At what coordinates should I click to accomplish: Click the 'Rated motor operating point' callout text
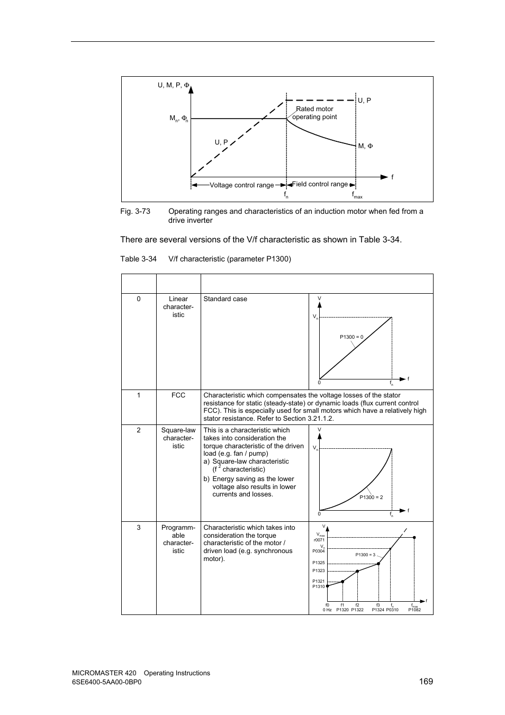[x=314, y=113]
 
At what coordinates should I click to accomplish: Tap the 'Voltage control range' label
[x=241, y=185]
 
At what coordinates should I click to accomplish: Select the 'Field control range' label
[x=320, y=184]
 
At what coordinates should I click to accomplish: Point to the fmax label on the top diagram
[x=357, y=195]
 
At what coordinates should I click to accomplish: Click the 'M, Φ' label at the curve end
[x=365, y=146]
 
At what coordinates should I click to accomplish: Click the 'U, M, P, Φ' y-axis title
[x=173, y=85]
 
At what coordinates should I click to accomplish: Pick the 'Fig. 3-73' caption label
[x=135, y=211]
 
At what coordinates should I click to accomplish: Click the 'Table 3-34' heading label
[x=138, y=259]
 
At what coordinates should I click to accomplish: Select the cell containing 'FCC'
[x=178, y=395]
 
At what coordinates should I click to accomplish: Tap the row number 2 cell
[x=139, y=430]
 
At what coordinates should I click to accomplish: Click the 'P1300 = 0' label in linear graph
[x=351, y=337]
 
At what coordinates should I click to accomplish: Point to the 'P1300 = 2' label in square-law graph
[x=371, y=497]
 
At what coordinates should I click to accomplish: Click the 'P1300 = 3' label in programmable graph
[x=365, y=555]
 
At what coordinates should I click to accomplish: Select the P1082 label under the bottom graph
[x=414, y=610]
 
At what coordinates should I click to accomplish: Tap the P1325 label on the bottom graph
[x=318, y=563]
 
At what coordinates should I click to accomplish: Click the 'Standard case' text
[x=225, y=299]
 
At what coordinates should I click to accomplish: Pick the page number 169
[x=426, y=681]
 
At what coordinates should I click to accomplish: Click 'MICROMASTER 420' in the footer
[x=103, y=673]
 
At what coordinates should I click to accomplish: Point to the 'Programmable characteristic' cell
[x=178, y=539]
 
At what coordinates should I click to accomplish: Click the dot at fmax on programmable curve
[x=414, y=537]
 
